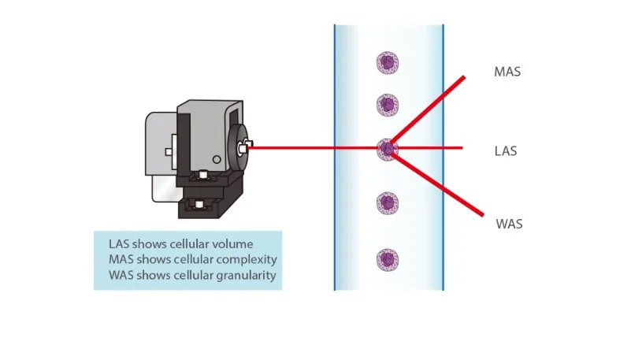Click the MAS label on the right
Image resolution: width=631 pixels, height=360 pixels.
click(507, 72)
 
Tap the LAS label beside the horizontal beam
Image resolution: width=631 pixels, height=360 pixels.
click(505, 150)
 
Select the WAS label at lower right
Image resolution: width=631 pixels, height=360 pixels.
click(509, 225)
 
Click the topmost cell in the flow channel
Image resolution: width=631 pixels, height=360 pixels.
click(387, 62)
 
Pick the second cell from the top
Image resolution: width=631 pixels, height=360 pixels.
click(387, 104)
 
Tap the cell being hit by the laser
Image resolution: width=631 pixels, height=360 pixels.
click(386, 147)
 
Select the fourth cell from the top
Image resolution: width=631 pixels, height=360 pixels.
click(387, 202)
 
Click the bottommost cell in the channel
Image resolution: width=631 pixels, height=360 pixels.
click(387, 259)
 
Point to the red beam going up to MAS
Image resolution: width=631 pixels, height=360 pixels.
click(429, 109)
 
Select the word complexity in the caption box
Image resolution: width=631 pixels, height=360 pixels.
click(243, 259)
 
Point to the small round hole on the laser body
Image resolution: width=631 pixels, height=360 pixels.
click(216, 160)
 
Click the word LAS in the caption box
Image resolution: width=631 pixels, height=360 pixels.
click(121, 243)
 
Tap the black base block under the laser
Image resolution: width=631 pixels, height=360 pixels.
click(209, 206)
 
